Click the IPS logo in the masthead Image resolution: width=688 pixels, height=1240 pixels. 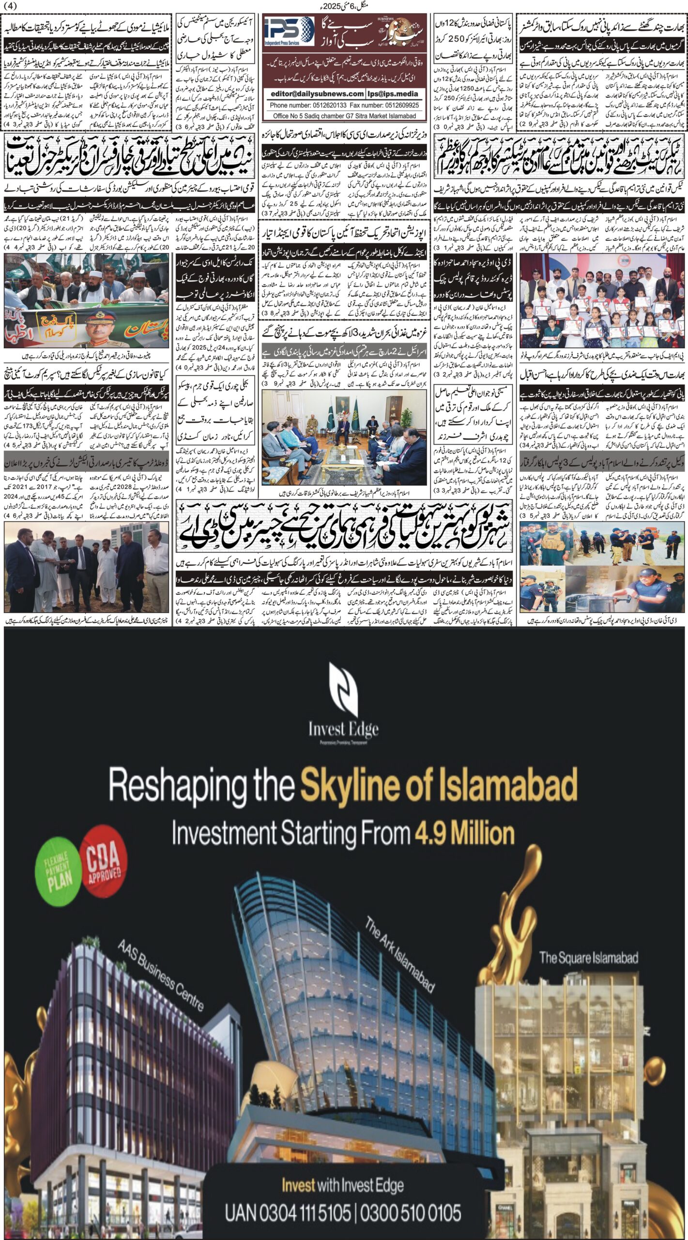(289, 31)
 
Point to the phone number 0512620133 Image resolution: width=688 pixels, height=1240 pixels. (318, 105)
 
